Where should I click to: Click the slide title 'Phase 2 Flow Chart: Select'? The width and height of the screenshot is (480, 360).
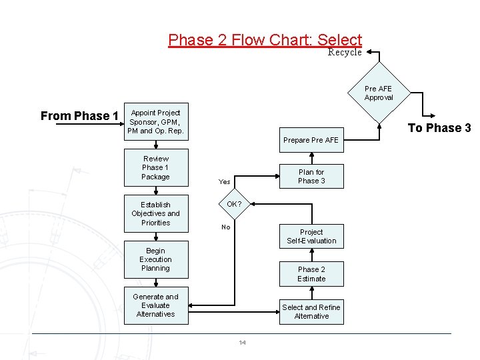tap(265, 40)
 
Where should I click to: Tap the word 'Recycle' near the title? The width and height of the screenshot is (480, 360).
tap(345, 53)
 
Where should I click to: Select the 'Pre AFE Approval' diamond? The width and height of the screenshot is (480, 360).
tap(379, 93)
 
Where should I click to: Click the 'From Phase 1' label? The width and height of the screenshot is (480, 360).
tap(79, 116)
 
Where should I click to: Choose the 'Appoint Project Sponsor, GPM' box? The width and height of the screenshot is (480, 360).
tap(155, 122)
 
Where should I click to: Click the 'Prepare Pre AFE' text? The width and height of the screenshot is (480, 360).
tap(311, 140)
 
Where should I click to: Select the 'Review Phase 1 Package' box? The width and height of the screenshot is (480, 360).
tap(155, 168)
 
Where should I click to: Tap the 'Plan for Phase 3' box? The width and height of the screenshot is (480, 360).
tap(311, 177)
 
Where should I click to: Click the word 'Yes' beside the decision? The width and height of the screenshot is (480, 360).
tap(225, 181)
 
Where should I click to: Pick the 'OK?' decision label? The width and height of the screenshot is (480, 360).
tap(234, 204)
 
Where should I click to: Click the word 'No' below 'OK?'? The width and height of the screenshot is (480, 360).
tap(226, 227)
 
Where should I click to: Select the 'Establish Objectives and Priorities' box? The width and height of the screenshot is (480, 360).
tap(155, 214)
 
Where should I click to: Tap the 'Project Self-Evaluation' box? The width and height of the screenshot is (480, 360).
tap(311, 237)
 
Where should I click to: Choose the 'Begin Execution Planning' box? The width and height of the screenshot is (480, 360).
tap(155, 260)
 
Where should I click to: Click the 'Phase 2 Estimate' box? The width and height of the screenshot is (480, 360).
tap(311, 274)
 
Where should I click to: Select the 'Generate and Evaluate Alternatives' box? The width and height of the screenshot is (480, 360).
tap(155, 306)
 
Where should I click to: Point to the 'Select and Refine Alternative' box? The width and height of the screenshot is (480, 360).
tap(311, 312)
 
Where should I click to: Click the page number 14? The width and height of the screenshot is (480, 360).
tap(242, 343)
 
